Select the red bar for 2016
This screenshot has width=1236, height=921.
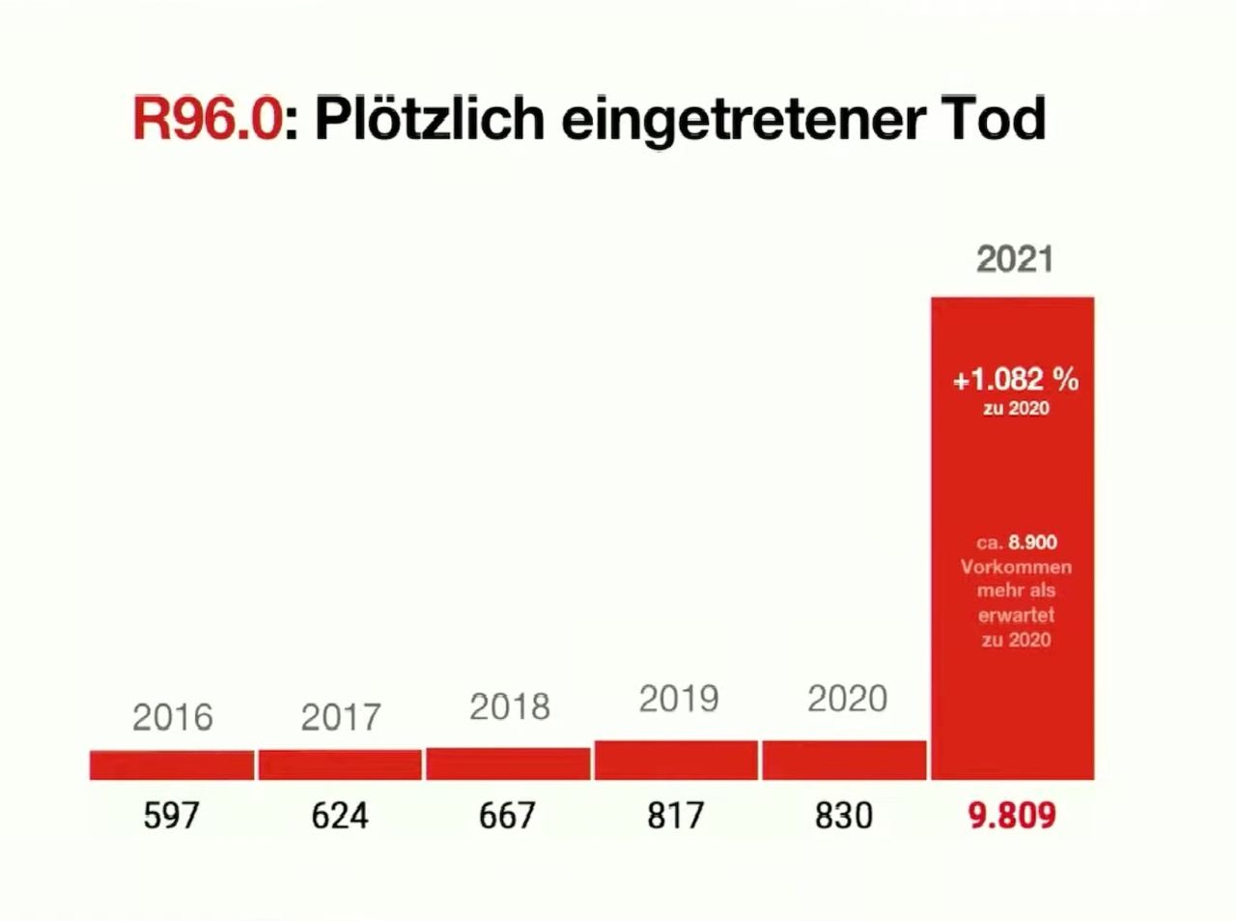tap(172, 765)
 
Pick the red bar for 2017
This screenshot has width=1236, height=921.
tap(340, 765)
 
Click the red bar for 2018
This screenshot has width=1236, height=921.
tap(508, 764)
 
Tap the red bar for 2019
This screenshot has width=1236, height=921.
tap(676, 761)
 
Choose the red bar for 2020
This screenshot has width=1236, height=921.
tap(844, 761)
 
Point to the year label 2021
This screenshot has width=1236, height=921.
tap(1014, 259)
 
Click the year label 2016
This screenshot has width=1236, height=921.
tap(172, 717)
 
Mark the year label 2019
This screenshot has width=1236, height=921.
tap(678, 699)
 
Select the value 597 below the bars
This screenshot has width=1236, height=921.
tap(171, 816)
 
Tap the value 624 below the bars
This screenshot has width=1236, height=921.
tap(340, 816)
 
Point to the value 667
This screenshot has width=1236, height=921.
tap(507, 816)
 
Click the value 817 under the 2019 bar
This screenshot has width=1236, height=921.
tap(676, 816)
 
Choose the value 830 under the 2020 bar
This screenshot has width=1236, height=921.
tap(843, 816)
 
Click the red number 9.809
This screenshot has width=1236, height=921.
tap(1012, 816)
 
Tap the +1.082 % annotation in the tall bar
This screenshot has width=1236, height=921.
tap(1016, 380)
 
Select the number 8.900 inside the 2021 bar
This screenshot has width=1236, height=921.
tap(1032, 543)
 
